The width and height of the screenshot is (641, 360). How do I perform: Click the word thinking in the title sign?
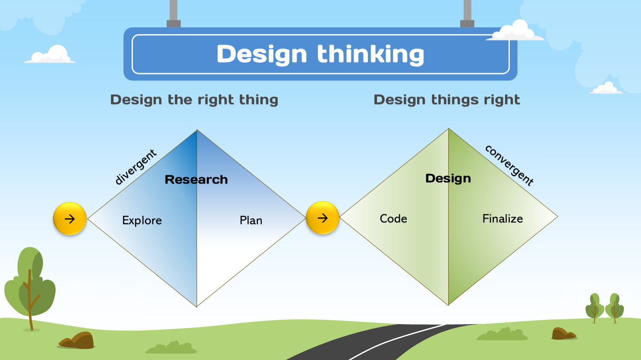pyautogui.click(x=370, y=54)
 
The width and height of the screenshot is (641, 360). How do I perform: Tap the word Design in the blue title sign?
pyautogui.click(x=262, y=54)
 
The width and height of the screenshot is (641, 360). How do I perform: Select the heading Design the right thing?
pyautogui.click(x=194, y=100)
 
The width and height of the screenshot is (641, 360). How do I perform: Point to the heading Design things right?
pyautogui.click(x=447, y=100)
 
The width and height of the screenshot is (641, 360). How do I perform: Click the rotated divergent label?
pyautogui.click(x=136, y=167)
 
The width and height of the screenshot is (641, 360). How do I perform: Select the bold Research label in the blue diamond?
pyautogui.click(x=196, y=179)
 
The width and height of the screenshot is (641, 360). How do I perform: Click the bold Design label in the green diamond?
pyautogui.click(x=448, y=178)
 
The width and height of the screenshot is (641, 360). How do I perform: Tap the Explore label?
pyautogui.click(x=142, y=220)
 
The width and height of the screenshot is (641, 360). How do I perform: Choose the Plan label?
pyautogui.click(x=251, y=220)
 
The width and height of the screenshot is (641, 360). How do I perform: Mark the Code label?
pyautogui.click(x=393, y=219)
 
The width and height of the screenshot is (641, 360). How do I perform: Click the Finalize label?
pyautogui.click(x=503, y=219)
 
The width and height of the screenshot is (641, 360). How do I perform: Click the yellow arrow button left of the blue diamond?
pyautogui.click(x=70, y=219)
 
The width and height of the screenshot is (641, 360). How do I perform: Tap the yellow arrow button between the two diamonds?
pyautogui.click(x=323, y=218)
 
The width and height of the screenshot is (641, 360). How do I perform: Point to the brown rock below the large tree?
pyautogui.click(x=78, y=341)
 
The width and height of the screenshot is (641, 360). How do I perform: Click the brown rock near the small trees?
pyautogui.click(x=563, y=334)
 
